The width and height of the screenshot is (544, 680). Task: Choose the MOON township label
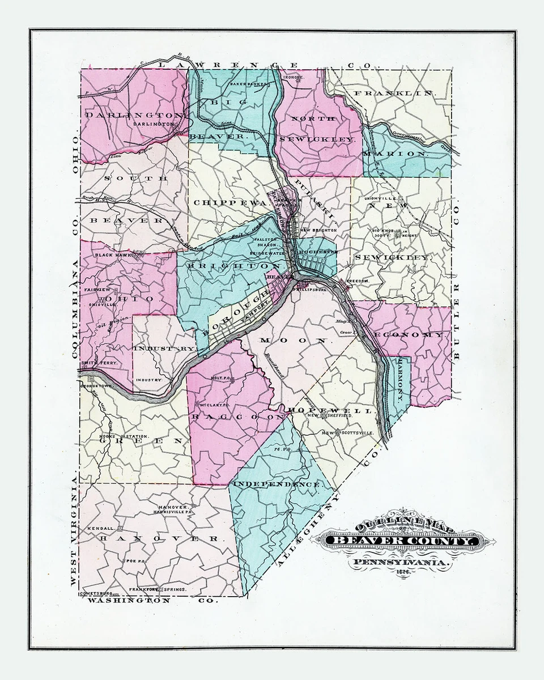click(293, 341)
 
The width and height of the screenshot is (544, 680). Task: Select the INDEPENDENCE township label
click(276, 485)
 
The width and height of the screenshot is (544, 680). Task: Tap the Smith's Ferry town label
click(99, 362)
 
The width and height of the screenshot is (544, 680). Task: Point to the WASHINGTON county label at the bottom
click(130, 600)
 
